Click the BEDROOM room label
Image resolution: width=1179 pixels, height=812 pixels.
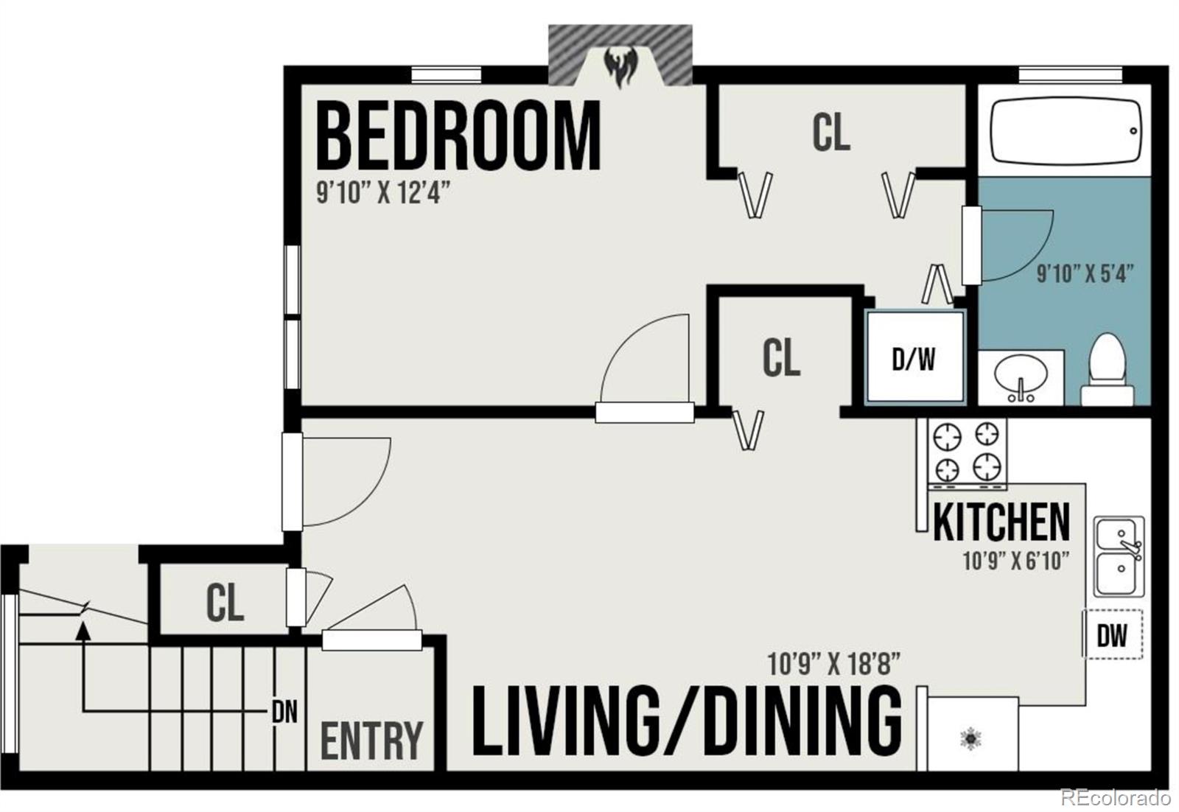coord(458,137)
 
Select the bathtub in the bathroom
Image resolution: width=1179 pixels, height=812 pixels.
coord(1066,131)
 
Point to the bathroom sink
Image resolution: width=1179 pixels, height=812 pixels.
coord(1021,377)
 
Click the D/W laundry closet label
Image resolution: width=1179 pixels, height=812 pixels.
coord(914,359)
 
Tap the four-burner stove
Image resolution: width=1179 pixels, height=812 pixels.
coord(967,452)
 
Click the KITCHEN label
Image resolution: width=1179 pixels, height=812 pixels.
coord(1001,522)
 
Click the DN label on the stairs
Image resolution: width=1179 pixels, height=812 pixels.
coord(284,712)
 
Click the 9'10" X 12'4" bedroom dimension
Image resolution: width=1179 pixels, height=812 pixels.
coord(382,193)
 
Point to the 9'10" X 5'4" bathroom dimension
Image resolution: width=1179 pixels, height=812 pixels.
coord(1084,273)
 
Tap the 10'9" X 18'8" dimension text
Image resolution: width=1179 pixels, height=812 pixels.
coord(834,665)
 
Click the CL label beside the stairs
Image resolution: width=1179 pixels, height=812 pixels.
coord(224,603)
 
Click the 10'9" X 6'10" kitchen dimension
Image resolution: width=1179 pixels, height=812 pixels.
coord(1015,561)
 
